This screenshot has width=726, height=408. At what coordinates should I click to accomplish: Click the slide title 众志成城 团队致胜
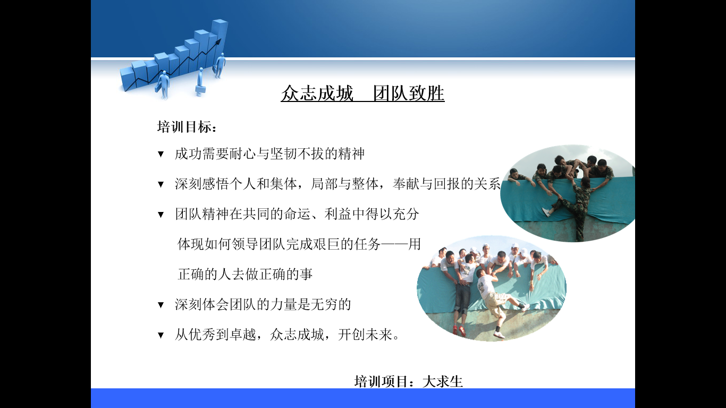pos(362,93)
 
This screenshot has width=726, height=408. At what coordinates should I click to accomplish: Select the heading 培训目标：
pos(187,127)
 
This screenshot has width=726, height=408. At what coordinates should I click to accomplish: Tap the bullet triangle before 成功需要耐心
pos(161,154)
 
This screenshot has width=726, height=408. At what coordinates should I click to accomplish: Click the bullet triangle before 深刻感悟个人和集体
pos(161,184)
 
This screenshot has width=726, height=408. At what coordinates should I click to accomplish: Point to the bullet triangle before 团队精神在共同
pos(161,215)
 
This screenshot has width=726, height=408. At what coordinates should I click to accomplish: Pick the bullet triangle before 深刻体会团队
pos(161,305)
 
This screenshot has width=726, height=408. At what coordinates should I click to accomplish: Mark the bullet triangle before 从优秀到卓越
pos(161,335)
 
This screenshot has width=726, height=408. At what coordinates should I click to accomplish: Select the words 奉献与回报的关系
pos(446,184)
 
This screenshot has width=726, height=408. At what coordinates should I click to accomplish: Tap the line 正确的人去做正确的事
pos(245,274)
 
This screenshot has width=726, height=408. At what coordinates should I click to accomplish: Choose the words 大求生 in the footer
pos(443,381)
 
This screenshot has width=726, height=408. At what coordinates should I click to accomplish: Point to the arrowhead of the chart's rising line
pos(219,41)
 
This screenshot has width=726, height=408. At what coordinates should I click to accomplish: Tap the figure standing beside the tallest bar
pos(221,65)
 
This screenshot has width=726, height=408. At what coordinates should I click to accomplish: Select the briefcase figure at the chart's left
pos(163,85)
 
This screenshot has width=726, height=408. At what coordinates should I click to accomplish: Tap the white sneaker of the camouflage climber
pos(546,212)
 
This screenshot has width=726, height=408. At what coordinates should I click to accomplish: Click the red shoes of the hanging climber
pos(459,330)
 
